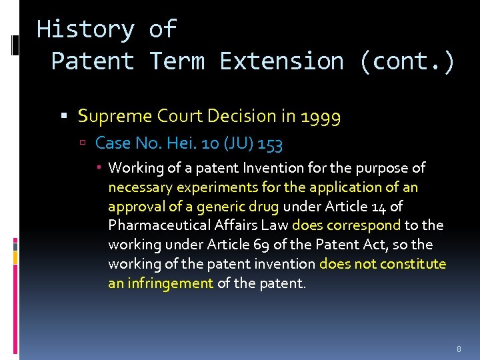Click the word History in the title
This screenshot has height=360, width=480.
(85, 29)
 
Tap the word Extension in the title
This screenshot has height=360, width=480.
(281, 61)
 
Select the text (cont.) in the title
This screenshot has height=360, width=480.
(407, 61)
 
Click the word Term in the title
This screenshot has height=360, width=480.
(176, 61)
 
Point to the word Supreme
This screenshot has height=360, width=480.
(115, 116)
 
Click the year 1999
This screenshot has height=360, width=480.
(321, 117)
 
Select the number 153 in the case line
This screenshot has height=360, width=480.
(270, 143)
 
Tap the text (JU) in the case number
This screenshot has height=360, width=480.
(237, 143)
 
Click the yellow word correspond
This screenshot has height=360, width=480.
(367, 225)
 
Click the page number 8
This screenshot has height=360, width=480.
(459, 349)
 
